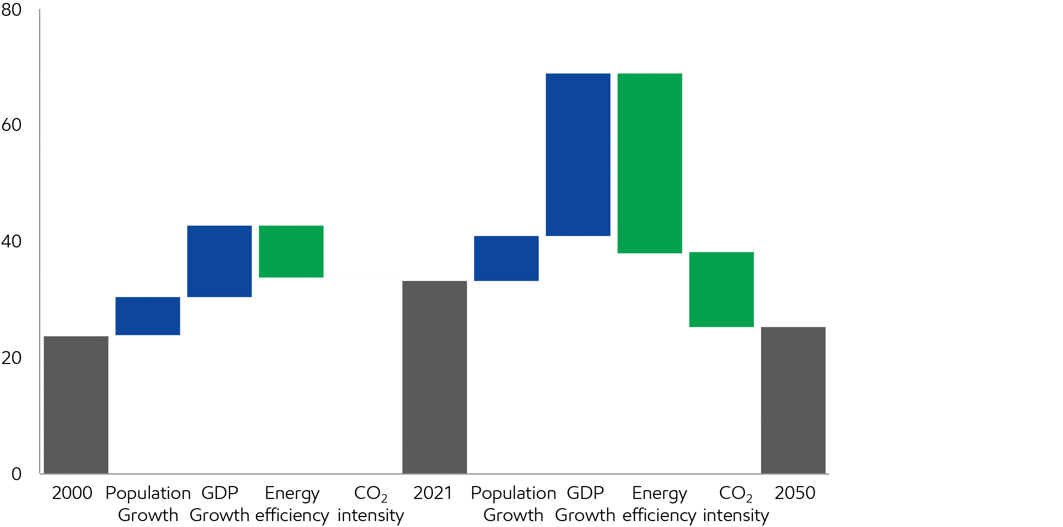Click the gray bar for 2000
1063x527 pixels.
(76, 405)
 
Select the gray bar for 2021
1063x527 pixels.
(434, 377)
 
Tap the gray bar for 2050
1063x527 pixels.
(793, 400)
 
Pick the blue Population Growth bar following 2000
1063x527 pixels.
(148, 316)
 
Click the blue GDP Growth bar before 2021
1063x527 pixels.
(219, 261)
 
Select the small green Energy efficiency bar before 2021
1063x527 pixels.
(291, 251)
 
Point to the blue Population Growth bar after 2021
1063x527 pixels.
(506, 258)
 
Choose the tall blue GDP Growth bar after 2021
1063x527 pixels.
(578, 155)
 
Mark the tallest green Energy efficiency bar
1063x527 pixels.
(650, 163)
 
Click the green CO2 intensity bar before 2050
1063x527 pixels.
(721, 289)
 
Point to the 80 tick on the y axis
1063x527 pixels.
(11, 10)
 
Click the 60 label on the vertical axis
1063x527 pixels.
(11, 125)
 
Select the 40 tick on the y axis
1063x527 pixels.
(11, 241)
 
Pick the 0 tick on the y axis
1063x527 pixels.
(17, 474)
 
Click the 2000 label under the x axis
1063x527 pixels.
(72, 493)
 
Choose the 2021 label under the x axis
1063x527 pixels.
(433, 493)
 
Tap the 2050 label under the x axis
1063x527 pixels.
(795, 493)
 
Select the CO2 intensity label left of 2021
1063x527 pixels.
(371, 504)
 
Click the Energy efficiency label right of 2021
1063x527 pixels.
(660, 504)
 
